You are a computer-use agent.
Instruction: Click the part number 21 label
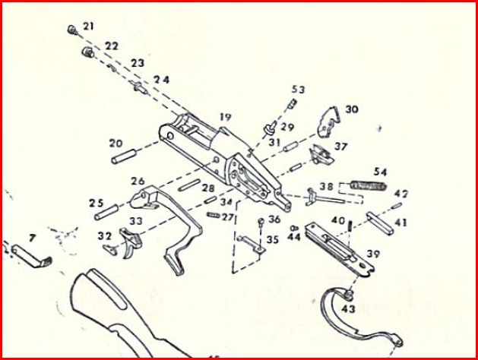89,27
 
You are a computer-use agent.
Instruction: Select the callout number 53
298,90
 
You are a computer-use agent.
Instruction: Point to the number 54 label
380,172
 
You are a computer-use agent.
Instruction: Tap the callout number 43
349,309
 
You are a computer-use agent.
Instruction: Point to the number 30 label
350,109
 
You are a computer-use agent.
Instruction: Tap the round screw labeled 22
87,52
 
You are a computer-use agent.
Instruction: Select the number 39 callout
373,253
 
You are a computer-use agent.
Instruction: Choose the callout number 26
138,181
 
